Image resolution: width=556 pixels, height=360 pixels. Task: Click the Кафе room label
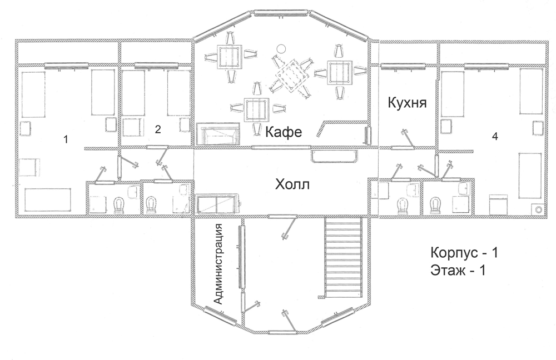pyautogui.click(x=284, y=132)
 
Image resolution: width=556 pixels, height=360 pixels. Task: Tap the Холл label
pyautogui.click(x=292, y=184)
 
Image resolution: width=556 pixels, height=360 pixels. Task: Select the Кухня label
pyautogui.click(x=407, y=103)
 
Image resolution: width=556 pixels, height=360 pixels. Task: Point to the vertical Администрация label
pyautogui.click(x=219, y=264)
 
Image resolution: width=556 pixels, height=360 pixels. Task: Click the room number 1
pyautogui.click(x=65, y=139)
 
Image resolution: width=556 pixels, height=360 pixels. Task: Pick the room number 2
pyautogui.click(x=158, y=129)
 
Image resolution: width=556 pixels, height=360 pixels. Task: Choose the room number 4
pyautogui.click(x=495, y=136)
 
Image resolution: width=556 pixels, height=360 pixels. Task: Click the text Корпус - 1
pyautogui.click(x=464, y=253)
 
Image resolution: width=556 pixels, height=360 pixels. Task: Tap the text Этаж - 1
pyautogui.click(x=458, y=271)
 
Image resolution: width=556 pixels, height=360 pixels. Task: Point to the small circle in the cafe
pyautogui.click(x=281, y=48)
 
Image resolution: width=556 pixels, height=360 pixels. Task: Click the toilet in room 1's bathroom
pyautogui.click(x=118, y=205)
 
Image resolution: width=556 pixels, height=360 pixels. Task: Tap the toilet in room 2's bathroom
pyautogui.click(x=152, y=205)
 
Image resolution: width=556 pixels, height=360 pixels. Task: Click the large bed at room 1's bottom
pyautogui.click(x=47, y=199)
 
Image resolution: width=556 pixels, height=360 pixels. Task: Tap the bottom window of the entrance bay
pyautogui.click(x=282, y=332)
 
